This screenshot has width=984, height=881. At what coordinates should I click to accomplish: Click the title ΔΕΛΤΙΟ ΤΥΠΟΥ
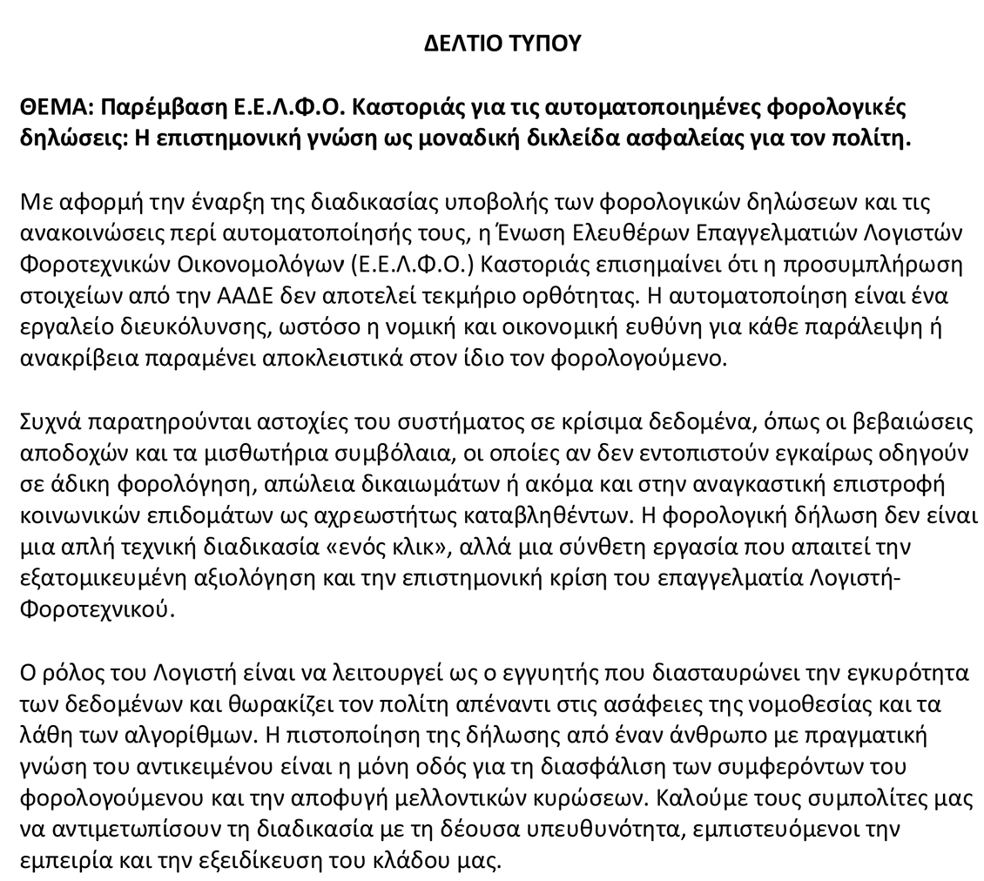502,43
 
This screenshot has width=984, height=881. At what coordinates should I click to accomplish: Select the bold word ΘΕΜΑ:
56,107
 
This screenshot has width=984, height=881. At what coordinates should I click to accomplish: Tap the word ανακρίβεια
67,359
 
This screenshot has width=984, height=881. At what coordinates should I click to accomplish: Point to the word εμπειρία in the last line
57,861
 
